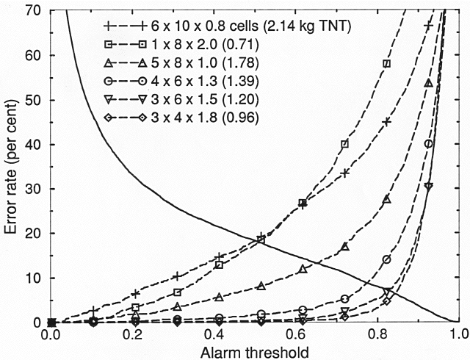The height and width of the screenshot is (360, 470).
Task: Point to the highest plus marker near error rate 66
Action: point(428,26)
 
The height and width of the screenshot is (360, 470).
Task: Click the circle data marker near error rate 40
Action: point(428,143)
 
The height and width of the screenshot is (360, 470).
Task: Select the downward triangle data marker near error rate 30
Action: point(428,187)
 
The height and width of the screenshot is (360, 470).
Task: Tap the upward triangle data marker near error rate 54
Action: point(428,84)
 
